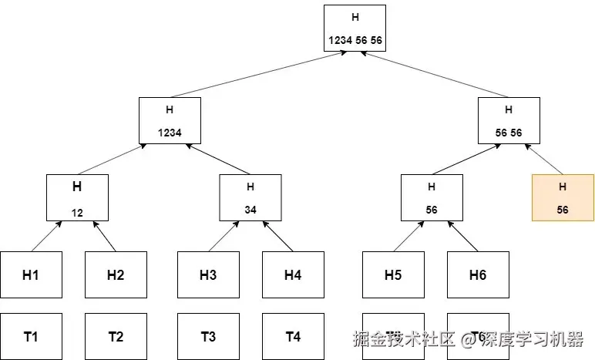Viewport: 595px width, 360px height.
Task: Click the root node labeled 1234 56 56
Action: click(x=355, y=28)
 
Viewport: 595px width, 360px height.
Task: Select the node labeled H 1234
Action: click(x=170, y=120)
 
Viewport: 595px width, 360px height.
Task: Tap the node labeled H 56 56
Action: click(x=508, y=120)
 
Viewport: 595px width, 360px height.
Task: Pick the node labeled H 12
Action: click(x=77, y=197)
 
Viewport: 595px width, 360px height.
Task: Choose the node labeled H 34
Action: click(x=250, y=197)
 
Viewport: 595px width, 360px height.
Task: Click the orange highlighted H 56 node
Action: click(x=563, y=197)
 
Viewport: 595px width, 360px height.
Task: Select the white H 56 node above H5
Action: click(x=432, y=197)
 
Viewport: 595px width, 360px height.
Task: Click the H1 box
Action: click(x=31, y=274)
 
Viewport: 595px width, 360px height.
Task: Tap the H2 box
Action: click(x=116, y=274)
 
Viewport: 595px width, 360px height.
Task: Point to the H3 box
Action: click(x=208, y=274)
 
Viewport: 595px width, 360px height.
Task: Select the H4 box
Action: click(x=293, y=274)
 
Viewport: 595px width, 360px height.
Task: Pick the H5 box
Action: click(x=393, y=274)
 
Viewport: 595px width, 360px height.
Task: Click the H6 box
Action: click(x=478, y=274)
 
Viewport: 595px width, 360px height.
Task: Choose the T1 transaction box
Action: click(x=31, y=336)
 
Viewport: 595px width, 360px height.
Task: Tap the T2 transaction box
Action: click(x=116, y=336)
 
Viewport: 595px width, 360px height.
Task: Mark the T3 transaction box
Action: click(x=208, y=336)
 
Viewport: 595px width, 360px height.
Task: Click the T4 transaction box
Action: click(x=293, y=336)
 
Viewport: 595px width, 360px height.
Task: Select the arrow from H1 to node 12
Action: click(x=46, y=236)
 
